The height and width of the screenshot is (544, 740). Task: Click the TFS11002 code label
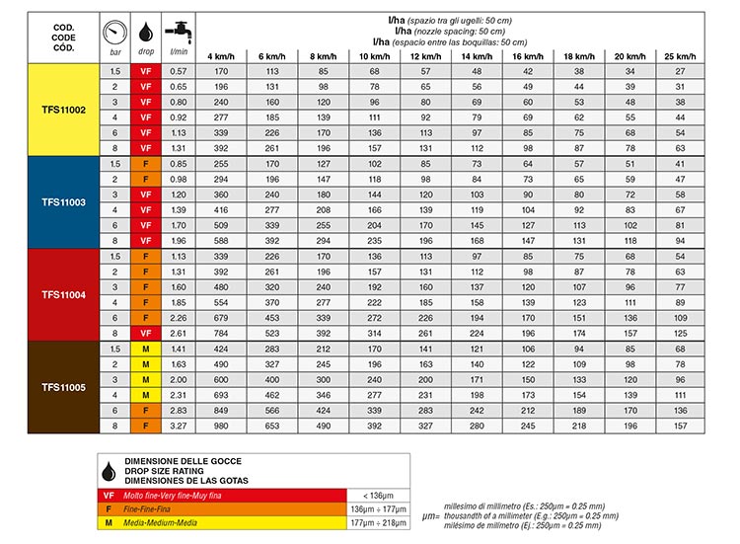[64, 110]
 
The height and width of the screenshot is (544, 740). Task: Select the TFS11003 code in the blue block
[64, 201]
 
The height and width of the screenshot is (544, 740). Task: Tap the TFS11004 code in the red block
[64, 294]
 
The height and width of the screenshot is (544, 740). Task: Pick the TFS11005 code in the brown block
[64, 387]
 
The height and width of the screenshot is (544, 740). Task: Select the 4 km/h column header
[221, 55]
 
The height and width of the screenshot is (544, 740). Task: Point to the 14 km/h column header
[476, 55]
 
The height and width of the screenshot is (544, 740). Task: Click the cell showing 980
[221, 426]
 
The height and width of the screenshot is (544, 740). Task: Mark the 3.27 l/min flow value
[179, 426]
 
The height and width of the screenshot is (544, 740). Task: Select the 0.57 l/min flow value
[179, 71]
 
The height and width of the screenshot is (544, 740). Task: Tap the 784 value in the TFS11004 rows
[221, 333]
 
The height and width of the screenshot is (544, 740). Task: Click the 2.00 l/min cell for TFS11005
[179, 379]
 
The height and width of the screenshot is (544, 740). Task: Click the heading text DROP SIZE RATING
[174, 471]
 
